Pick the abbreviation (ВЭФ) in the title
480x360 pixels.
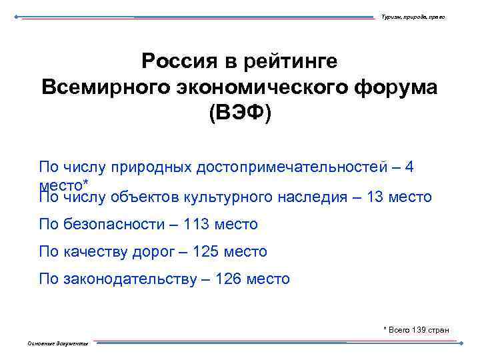pyautogui.click(x=240, y=113)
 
